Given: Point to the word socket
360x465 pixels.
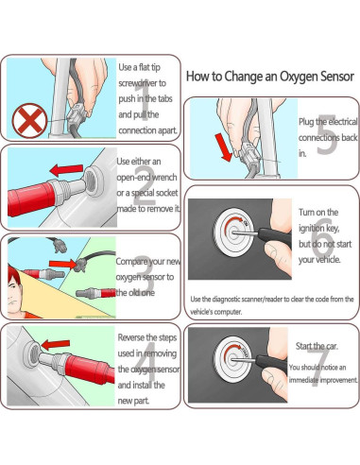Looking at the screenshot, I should pyautogui.click(x=166, y=191).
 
